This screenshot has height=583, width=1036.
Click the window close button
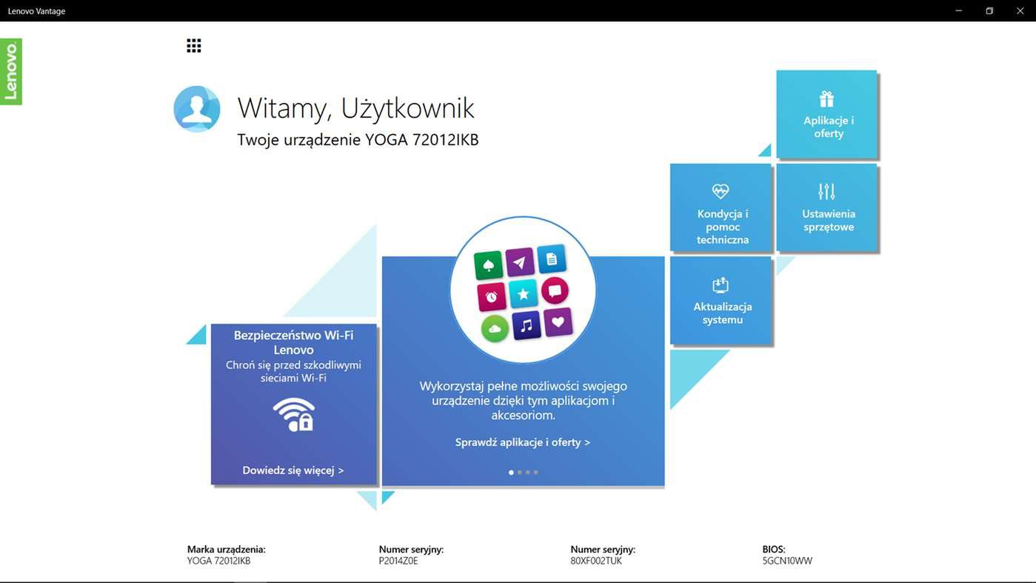pyautogui.click(x=1020, y=10)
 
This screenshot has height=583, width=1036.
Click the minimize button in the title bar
pyautogui.click(x=959, y=10)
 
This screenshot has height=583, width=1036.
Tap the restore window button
pyautogui.click(x=989, y=10)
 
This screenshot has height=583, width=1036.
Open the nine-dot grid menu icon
pyautogui.click(x=194, y=46)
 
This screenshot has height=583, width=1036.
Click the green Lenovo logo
pyautogui.click(x=11, y=72)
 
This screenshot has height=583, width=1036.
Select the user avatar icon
pyautogui.click(x=197, y=109)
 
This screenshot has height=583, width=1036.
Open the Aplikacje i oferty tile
pyautogui.click(x=826, y=114)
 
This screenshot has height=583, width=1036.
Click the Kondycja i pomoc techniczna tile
pyautogui.click(x=721, y=207)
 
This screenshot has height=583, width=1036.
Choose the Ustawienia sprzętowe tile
pyautogui.click(x=826, y=207)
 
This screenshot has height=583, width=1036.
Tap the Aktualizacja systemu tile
pyautogui.click(x=721, y=300)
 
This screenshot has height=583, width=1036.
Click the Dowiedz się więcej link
pyautogui.click(x=293, y=470)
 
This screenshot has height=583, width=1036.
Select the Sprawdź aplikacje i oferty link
pyautogui.click(x=523, y=442)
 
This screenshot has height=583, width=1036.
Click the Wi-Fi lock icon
pyautogui.click(x=294, y=414)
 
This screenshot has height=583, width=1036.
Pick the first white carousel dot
pyautogui.click(x=511, y=473)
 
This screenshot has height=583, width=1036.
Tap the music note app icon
pyautogui.click(x=527, y=326)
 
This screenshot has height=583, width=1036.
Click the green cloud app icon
pyautogui.click(x=495, y=328)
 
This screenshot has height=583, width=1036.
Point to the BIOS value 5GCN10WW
pyautogui.click(x=787, y=561)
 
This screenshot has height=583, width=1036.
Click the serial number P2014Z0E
pyautogui.click(x=398, y=561)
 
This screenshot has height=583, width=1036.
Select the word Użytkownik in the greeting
pyautogui.click(x=407, y=108)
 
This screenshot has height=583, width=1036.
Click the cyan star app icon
pyautogui.click(x=523, y=293)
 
